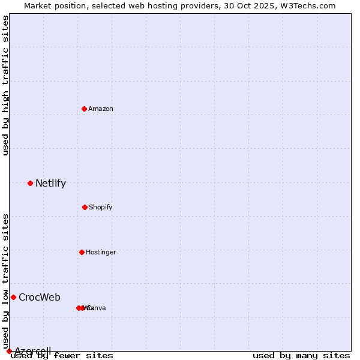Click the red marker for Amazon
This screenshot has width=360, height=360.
point(84,109)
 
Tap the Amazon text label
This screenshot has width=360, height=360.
point(101,109)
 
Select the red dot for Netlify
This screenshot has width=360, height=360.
point(30,183)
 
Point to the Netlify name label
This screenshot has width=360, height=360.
point(50,184)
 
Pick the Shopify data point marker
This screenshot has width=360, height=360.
point(85,207)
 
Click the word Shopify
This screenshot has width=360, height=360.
point(100,208)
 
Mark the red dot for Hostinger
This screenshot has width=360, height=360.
point(82,252)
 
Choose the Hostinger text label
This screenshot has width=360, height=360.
point(101,253)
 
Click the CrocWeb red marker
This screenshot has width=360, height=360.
point(13,297)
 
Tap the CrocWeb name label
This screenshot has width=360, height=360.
point(40,298)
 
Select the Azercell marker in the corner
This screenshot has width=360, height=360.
point(9,351)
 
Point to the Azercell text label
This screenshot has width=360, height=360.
point(33,351)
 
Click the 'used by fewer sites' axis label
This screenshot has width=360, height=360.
point(62,356)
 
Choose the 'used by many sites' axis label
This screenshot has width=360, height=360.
point(301,356)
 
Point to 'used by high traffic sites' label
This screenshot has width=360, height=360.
point(5,85)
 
